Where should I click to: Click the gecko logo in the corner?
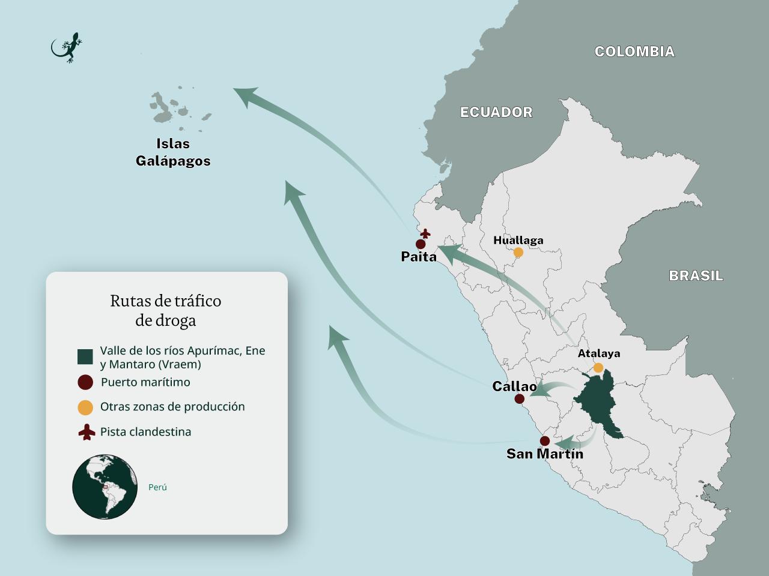pyautogui.click(x=66, y=47)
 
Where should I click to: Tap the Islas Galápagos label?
pyautogui.click(x=173, y=152)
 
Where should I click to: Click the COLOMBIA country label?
pyautogui.click(x=634, y=52)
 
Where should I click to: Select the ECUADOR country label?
pyautogui.click(x=496, y=112)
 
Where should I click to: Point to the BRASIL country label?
pyautogui.click(x=696, y=276)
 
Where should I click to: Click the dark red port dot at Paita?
pyautogui.click(x=421, y=244)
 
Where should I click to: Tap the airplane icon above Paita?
pyautogui.click(x=425, y=233)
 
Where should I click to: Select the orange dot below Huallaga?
pyautogui.click(x=518, y=253)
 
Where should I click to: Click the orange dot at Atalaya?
pyautogui.click(x=598, y=367)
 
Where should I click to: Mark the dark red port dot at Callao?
pyautogui.click(x=520, y=399)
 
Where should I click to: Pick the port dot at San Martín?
pyautogui.click(x=544, y=441)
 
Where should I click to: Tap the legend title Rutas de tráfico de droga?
pyautogui.click(x=166, y=310)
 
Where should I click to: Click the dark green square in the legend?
pyautogui.click(x=85, y=357)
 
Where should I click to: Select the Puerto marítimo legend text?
pyautogui.click(x=145, y=382)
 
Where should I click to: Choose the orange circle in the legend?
pyautogui.click(x=85, y=407)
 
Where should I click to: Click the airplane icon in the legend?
pyautogui.click(x=87, y=432)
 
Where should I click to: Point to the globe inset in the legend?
pyautogui.click(x=105, y=487)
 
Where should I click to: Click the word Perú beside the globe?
pyautogui.click(x=157, y=487)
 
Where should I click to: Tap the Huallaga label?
pyautogui.click(x=518, y=240)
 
